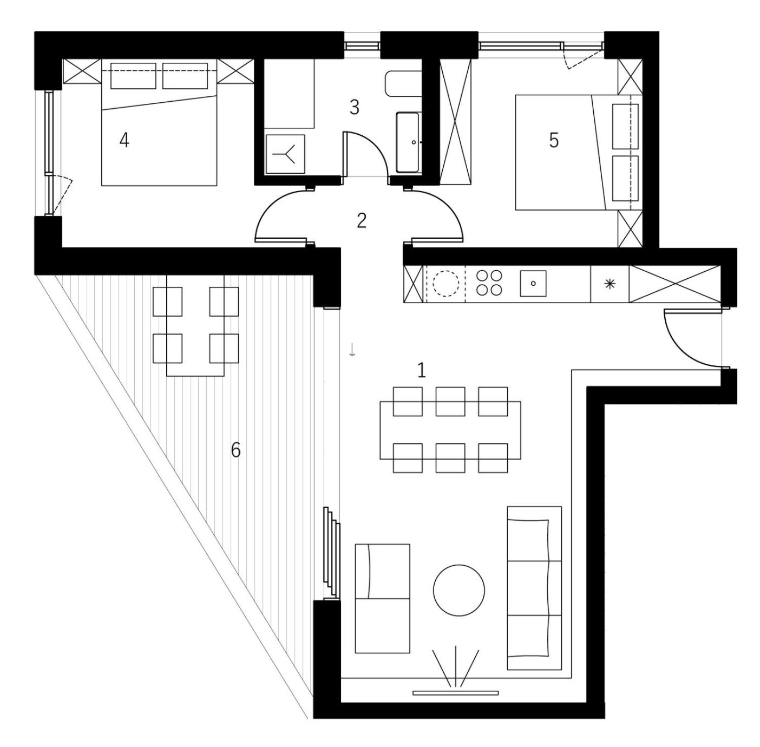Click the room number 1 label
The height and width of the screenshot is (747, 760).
[421, 370]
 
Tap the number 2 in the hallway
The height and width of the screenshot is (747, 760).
[361, 220]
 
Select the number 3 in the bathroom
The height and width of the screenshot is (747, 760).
[354, 107]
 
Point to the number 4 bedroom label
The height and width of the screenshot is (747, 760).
[125, 140]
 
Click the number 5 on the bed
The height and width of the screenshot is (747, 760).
[554, 140]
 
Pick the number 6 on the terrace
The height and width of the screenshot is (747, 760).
[235, 450]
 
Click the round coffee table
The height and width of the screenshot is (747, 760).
[459, 590]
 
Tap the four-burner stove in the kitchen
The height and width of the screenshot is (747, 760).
[489, 283]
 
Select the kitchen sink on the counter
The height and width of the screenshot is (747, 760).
[533, 283]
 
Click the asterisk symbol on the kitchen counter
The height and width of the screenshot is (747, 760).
[610, 284]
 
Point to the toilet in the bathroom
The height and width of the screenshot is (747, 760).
[403, 83]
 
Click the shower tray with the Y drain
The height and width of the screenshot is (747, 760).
[286, 154]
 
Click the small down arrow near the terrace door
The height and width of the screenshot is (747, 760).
[352, 350]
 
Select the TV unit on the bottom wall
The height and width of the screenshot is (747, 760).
[456, 692]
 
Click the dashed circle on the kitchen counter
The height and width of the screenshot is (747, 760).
[445, 283]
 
